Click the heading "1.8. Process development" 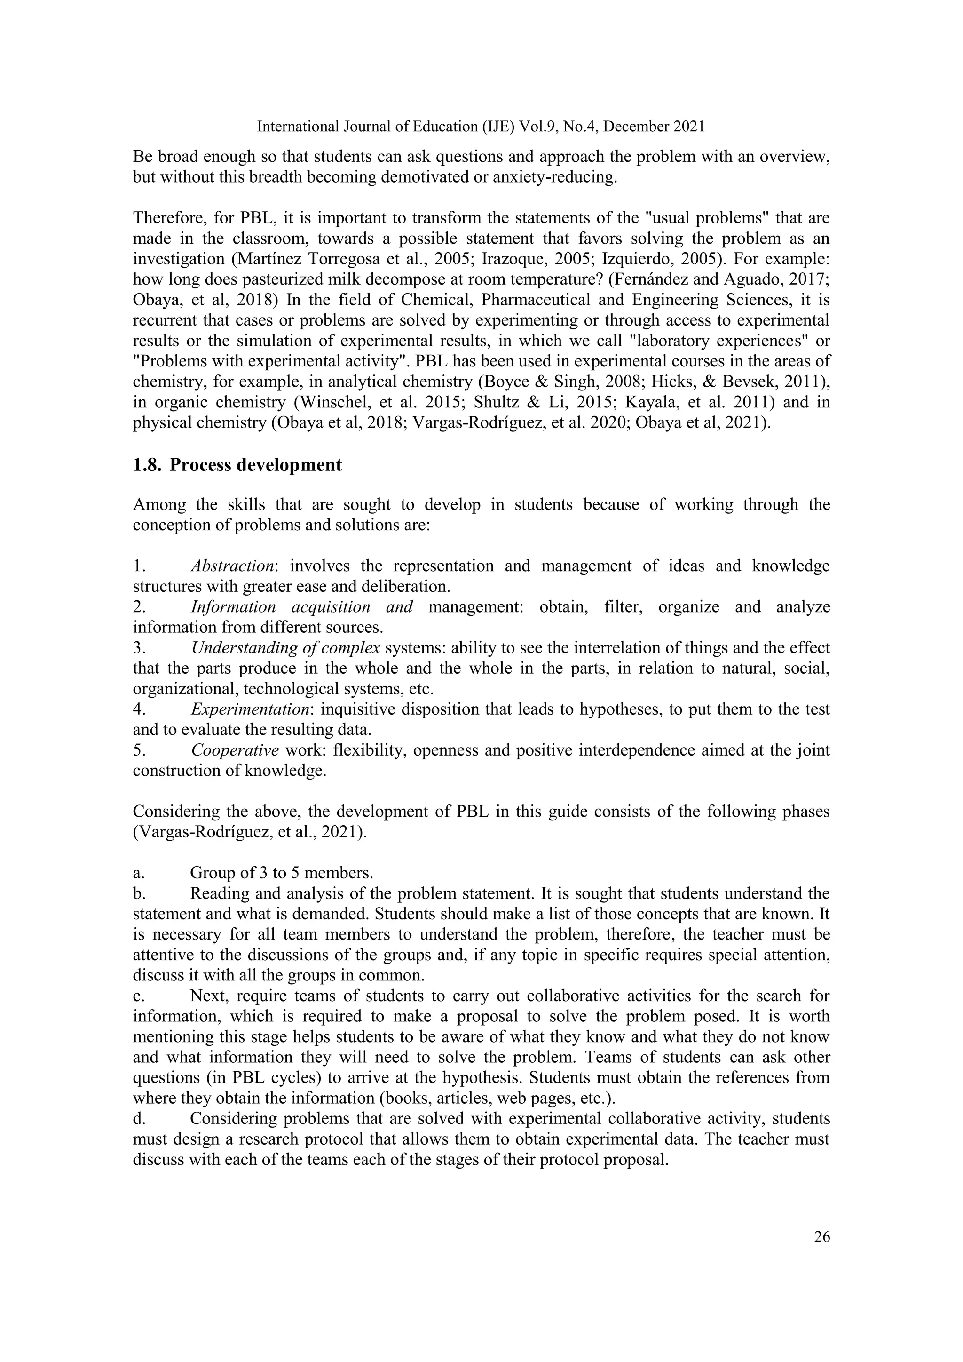(237, 464)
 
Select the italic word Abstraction (232, 566)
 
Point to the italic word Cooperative (235, 750)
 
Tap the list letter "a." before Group (138, 873)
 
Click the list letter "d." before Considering (139, 1119)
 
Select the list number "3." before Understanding (138, 648)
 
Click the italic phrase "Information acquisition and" (302, 607)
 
